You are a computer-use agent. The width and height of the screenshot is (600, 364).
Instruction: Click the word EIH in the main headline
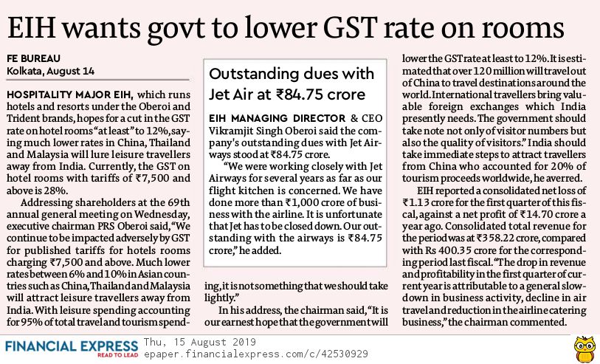[x=37, y=27]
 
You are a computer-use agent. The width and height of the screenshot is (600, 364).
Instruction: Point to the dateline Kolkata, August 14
[x=50, y=71]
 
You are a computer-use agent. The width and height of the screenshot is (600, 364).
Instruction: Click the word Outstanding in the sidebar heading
[x=255, y=75]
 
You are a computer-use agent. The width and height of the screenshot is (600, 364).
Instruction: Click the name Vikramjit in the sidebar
[x=236, y=132]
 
